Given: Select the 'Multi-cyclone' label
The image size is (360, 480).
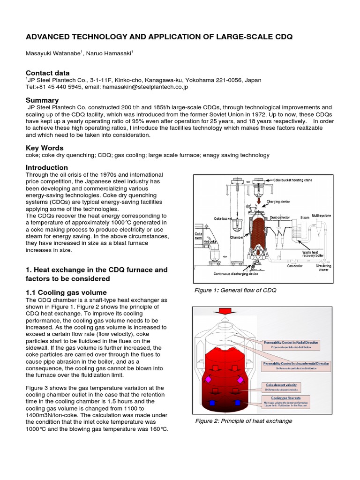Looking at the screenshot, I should pyautogui.click(x=321, y=216).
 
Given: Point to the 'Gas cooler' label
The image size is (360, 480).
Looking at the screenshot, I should pyautogui.click(x=295, y=266).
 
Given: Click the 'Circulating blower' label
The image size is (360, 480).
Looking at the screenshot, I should pyautogui.click(x=323, y=268).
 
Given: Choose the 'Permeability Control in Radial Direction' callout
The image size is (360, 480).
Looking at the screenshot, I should pyautogui.click(x=291, y=345).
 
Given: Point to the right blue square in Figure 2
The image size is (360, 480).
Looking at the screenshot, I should pyautogui.click(x=237, y=402).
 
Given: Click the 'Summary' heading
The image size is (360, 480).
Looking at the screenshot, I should pyautogui.click(x=42, y=100).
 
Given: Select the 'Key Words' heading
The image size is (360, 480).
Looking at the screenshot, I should pyautogui.click(x=45, y=148).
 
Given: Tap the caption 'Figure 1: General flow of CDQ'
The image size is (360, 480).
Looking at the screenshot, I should pyautogui.click(x=235, y=290).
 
